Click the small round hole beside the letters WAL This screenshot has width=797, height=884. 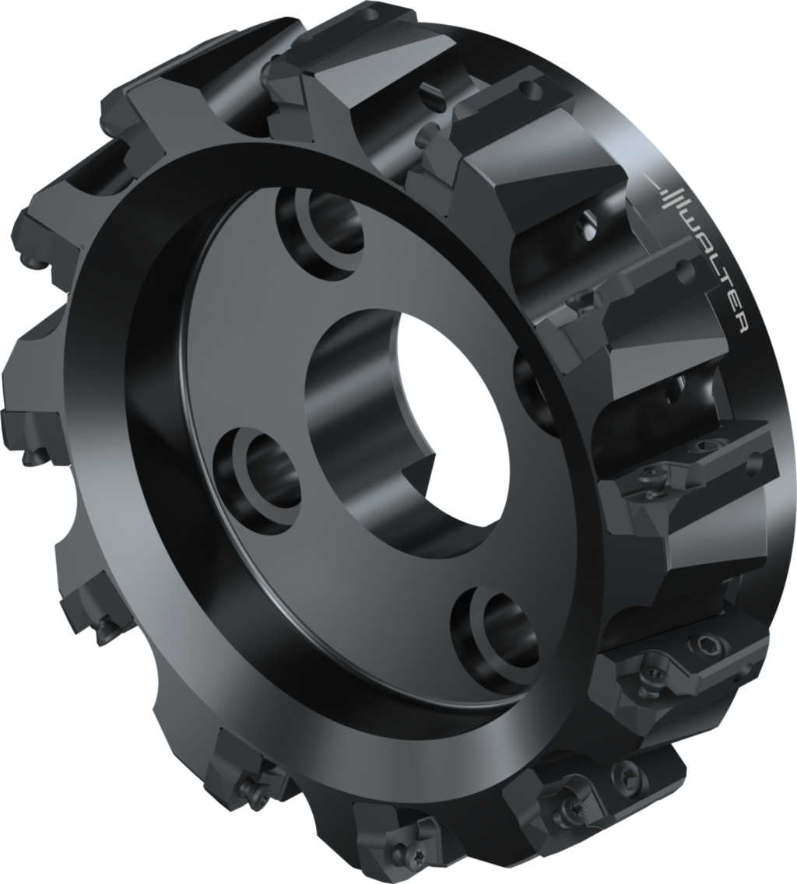point(685,270)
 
